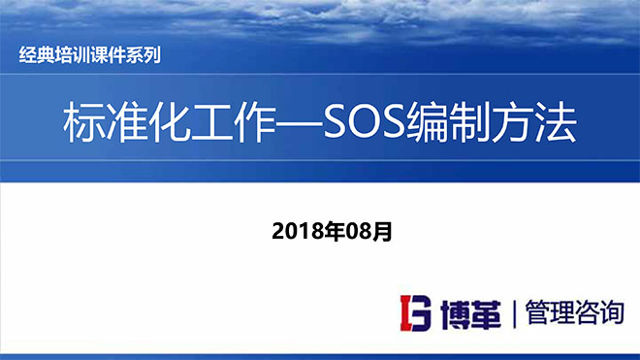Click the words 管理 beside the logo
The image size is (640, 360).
[548, 312]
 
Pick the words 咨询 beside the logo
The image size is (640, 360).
[599, 312]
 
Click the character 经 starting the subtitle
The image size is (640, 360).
[27, 55]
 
